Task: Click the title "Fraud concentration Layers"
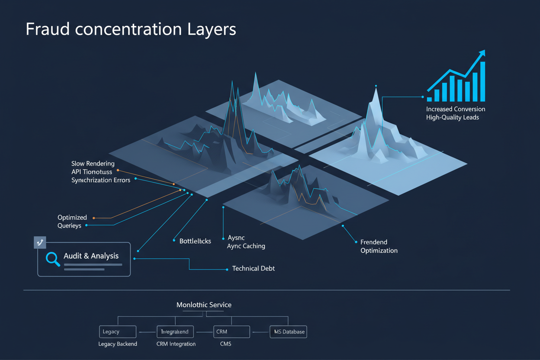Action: coord(131,29)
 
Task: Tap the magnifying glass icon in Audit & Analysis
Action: coord(53,259)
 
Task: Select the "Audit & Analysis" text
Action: coord(91,256)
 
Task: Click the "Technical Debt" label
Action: coord(253,269)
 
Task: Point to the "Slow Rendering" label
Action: coord(93,164)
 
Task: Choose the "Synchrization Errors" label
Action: coord(101,180)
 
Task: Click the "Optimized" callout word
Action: coord(72,217)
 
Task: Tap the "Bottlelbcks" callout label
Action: coord(195,241)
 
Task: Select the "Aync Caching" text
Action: coord(246,246)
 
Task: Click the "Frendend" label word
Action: coord(374,242)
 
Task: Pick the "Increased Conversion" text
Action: coord(456,109)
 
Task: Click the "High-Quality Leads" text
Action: coord(453,117)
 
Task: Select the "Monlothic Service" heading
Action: coord(204,305)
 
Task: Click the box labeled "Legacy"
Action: coord(118,332)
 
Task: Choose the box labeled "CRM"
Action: coord(231,332)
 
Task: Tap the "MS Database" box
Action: coord(288,332)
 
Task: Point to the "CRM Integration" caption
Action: coord(176,344)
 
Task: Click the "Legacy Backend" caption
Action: coord(118,344)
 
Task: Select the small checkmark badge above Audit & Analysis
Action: coord(40,242)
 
